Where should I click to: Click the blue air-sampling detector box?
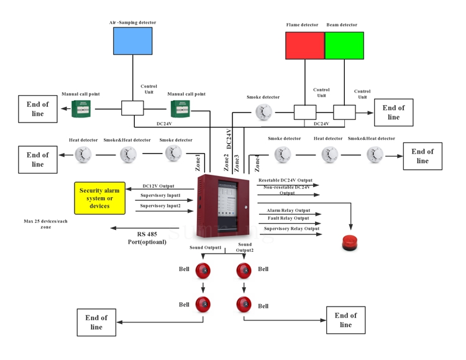(132, 41)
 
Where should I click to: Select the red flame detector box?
(304, 45)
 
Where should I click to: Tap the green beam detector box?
(344, 45)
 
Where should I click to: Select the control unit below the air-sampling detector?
(132, 108)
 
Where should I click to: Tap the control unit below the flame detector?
(305, 112)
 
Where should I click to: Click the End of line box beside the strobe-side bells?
(345, 320)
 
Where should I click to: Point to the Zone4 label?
(257, 163)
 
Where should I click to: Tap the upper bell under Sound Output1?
(203, 270)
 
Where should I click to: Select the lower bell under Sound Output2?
(244, 304)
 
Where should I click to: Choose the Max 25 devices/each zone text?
(46, 224)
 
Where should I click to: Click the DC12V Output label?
(158, 185)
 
